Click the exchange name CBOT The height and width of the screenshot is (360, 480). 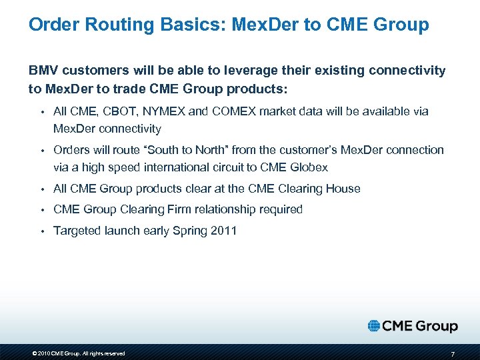tap(117, 111)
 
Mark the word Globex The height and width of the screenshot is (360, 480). tap(308, 167)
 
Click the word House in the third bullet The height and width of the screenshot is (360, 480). tap(343, 189)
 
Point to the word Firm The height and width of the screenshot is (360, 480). tap(171, 209)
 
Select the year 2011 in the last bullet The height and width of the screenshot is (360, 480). tap(223, 231)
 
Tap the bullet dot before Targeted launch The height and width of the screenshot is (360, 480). tap(41, 231)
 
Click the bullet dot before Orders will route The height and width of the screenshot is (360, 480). tap(41, 151)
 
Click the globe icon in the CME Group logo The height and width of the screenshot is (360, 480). tap(373, 326)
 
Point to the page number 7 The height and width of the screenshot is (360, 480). tap(453, 353)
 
